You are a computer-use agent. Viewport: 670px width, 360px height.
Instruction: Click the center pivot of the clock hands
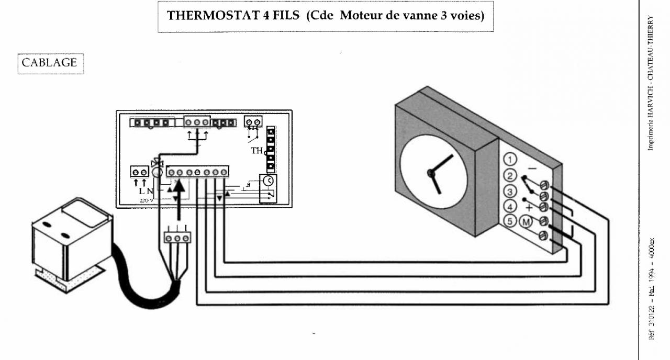(430, 173)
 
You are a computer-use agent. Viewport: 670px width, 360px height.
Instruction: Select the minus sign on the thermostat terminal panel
(531, 168)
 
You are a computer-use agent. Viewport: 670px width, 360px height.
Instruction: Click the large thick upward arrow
(178, 199)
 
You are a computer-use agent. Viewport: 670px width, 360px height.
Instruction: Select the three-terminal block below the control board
(177, 237)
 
